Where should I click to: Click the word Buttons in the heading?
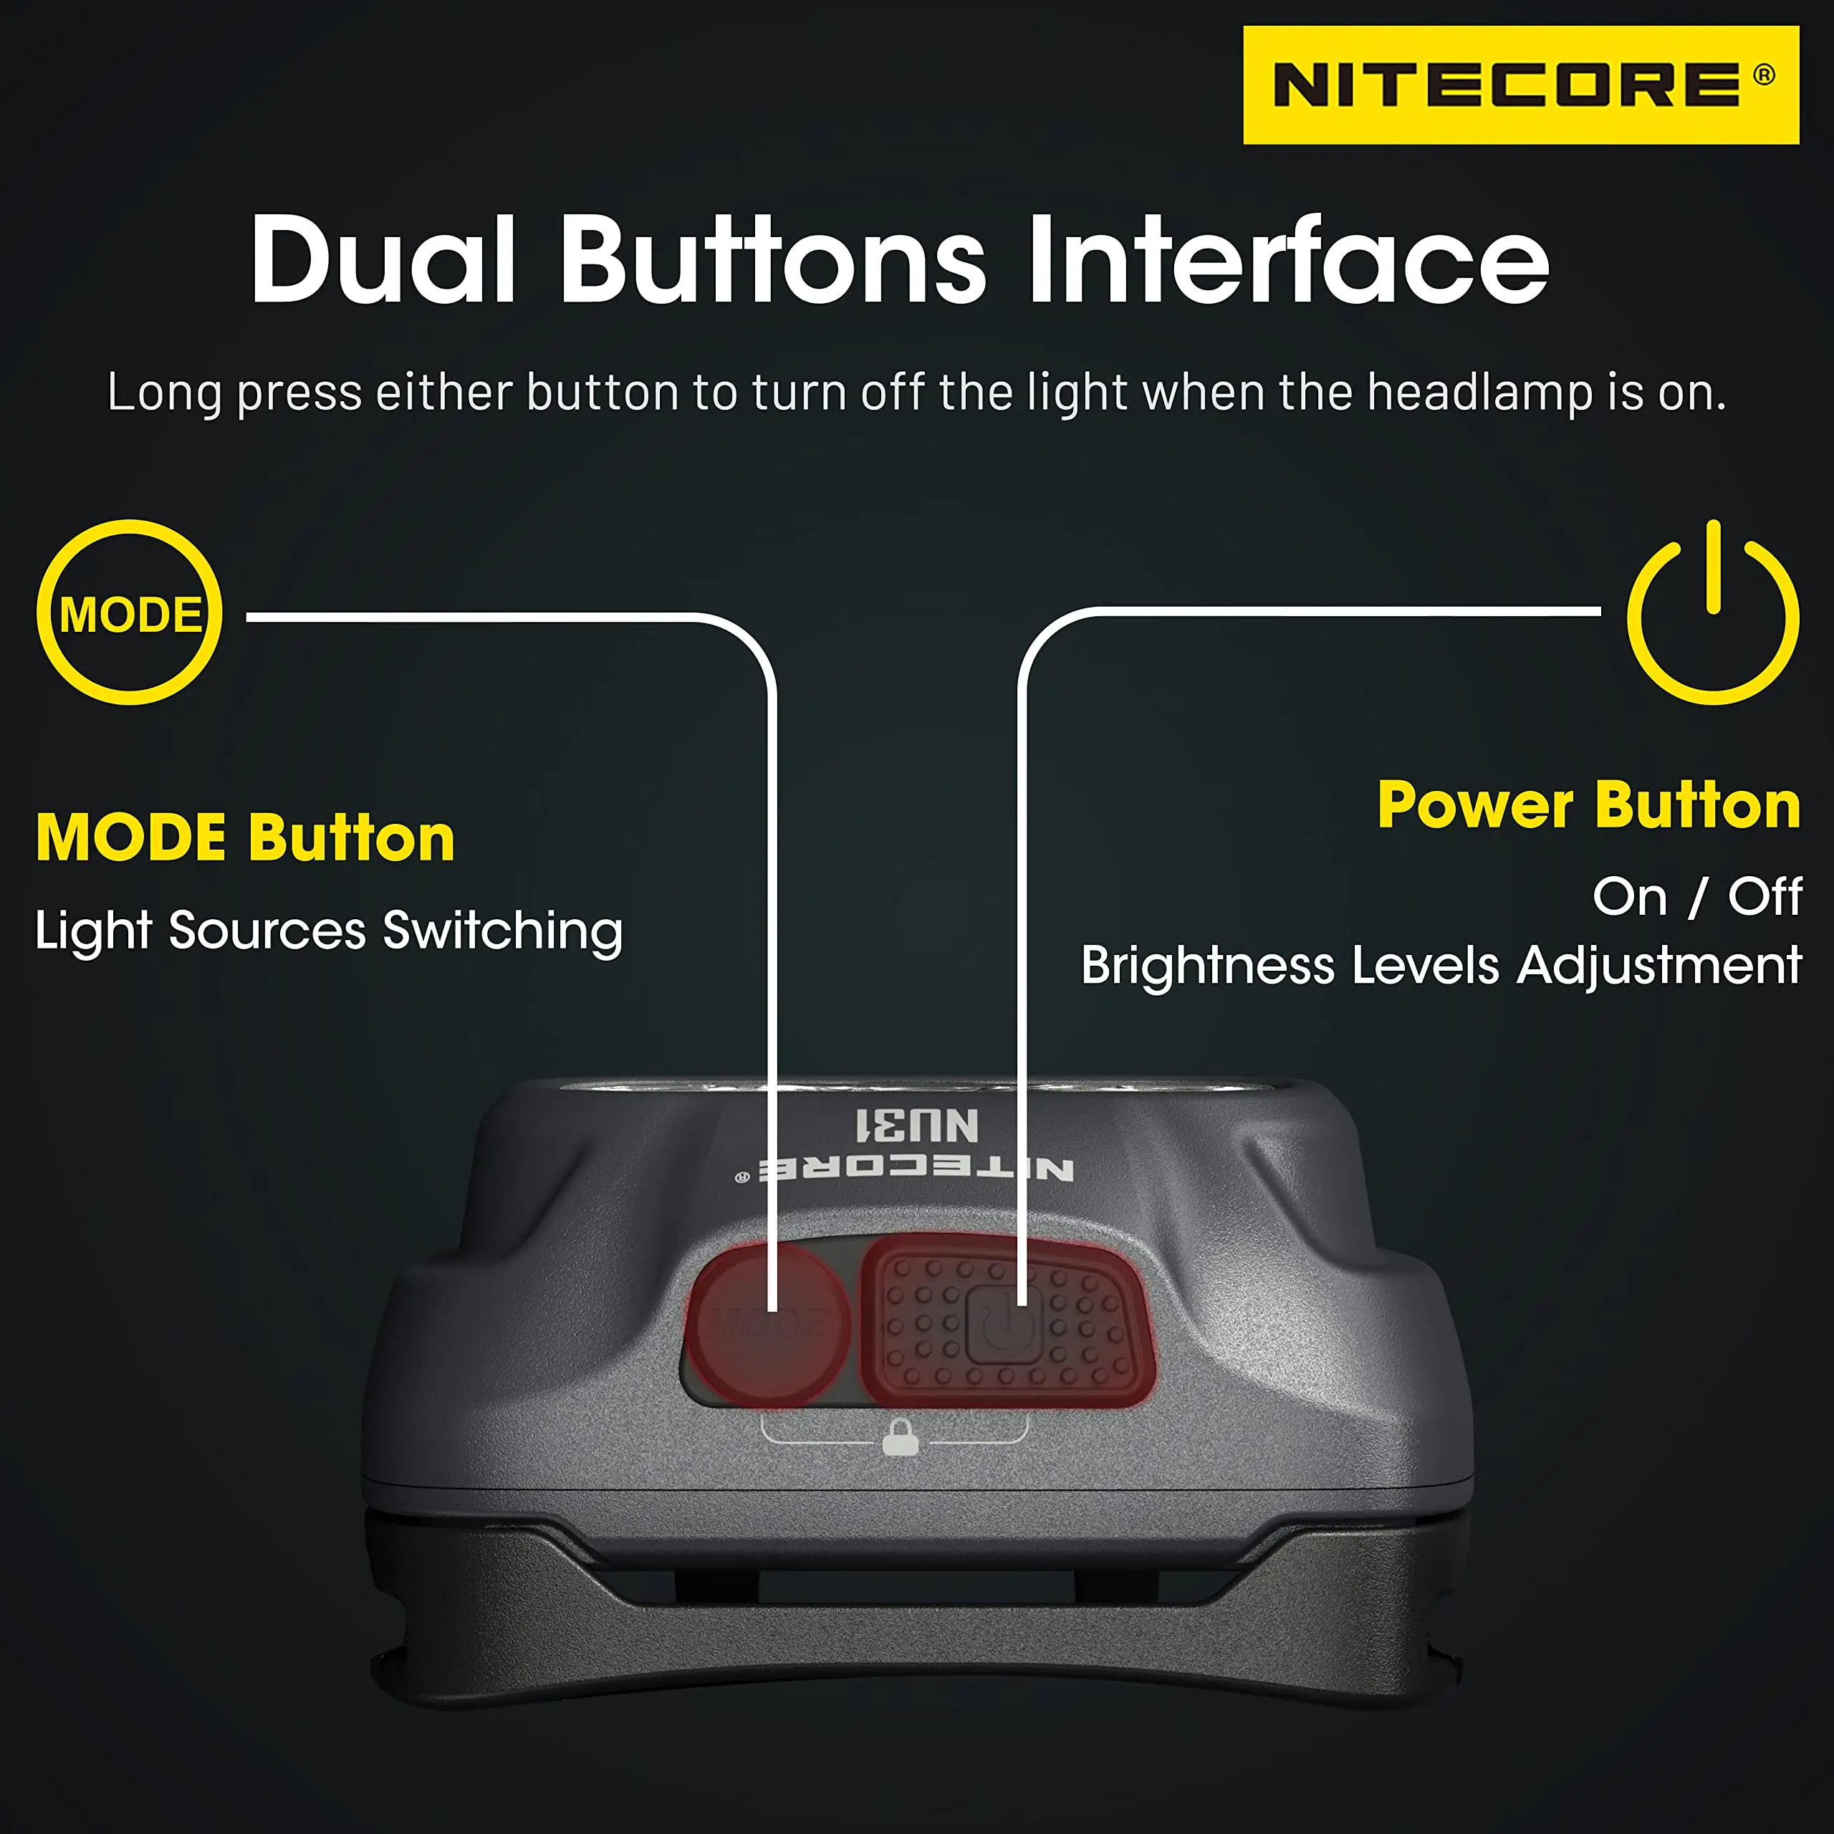[x=773, y=260]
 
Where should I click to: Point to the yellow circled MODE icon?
[x=130, y=613]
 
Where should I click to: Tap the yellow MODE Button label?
[x=245, y=838]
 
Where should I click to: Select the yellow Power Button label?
[x=1588, y=806]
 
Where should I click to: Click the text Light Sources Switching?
[x=328, y=931]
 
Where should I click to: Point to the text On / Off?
[x=1696, y=896]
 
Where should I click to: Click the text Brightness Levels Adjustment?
[x=1440, y=966]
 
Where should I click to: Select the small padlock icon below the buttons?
[x=900, y=1437]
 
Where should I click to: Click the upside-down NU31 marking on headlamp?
[x=916, y=1125]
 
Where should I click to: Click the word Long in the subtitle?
[x=164, y=392]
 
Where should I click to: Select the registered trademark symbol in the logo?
[x=1764, y=75]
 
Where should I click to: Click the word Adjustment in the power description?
[x=1658, y=966]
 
